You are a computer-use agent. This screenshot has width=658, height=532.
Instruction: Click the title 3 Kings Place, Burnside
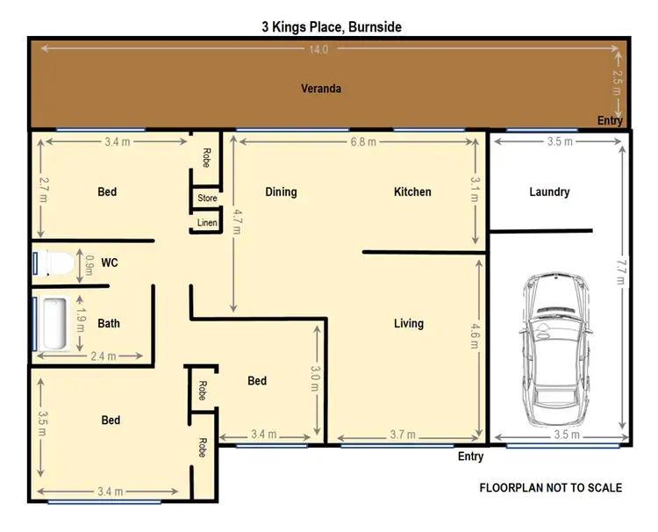click(x=331, y=27)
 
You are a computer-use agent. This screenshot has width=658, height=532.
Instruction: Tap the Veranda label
click(x=320, y=89)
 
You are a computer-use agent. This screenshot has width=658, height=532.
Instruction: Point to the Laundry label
click(x=550, y=191)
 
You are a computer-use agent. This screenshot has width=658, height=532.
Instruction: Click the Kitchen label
click(x=412, y=191)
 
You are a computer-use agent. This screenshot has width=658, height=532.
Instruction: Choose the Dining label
click(x=281, y=191)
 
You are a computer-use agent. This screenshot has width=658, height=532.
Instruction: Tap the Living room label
click(x=408, y=323)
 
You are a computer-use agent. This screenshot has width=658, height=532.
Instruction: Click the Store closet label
click(x=207, y=198)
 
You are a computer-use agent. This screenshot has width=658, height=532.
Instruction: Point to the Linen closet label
click(x=207, y=223)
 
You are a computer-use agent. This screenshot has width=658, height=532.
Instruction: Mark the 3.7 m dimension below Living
click(x=408, y=434)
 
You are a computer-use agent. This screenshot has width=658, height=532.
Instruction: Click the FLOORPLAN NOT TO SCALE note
click(x=550, y=487)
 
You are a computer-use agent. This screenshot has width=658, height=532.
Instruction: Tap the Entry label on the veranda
click(x=610, y=120)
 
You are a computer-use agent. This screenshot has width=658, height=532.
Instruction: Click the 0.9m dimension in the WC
click(x=88, y=263)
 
